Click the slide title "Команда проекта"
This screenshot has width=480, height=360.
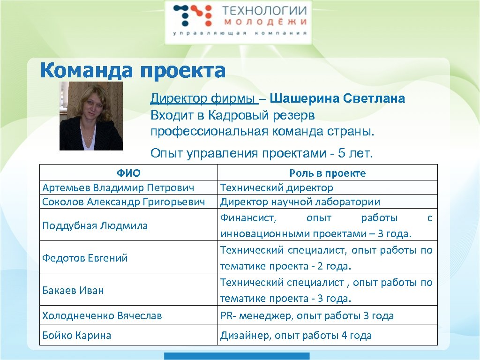133,71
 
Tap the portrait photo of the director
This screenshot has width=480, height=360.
91,116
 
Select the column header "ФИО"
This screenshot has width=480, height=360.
128,173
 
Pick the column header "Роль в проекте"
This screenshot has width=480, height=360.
327,173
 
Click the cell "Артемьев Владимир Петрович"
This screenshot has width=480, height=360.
118,187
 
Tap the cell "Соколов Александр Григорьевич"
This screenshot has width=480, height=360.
124,202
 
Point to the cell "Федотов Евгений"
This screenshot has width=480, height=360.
85,258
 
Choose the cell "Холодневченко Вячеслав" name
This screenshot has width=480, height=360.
102,315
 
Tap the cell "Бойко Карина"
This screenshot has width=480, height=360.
77,335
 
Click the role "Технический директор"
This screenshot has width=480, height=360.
277,187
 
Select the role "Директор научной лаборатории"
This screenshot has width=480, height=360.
300,202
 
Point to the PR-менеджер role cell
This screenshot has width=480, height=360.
307,315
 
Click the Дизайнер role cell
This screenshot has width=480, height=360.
296,335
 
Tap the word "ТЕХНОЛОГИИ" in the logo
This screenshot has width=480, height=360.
264,10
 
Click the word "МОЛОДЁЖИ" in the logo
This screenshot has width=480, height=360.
264,22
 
